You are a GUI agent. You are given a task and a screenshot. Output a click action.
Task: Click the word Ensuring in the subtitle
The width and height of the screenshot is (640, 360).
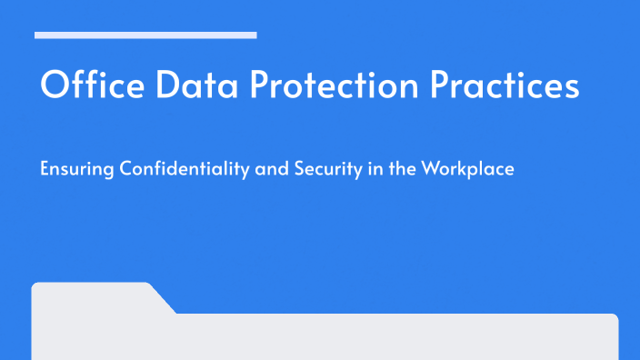tap(72, 170)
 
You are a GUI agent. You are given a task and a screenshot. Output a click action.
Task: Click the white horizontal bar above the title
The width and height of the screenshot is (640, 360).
tap(145, 35)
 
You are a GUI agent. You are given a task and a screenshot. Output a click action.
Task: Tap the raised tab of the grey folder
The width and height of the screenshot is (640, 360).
tap(91, 296)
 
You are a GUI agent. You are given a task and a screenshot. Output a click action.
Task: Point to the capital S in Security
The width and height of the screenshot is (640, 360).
tap(291, 169)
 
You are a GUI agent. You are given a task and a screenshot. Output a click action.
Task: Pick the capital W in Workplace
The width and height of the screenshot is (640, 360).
tap(428, 169)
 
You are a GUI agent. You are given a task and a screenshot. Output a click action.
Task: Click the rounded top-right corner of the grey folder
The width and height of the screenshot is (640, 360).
tap(615, 317)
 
